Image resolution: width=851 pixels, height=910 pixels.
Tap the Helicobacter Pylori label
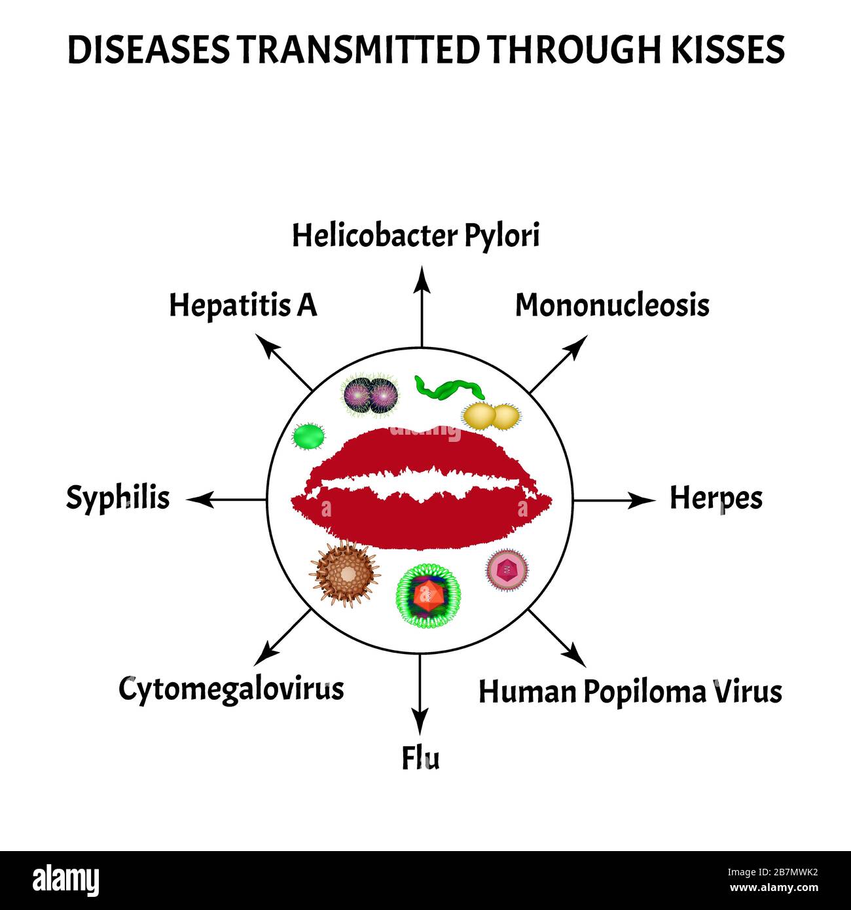[x=416, y=236]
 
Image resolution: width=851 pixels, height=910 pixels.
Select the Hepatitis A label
[x=243, y=306]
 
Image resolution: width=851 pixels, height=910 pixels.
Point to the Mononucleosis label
[x=612, y=305]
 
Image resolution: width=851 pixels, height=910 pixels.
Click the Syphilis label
[x=118, y=498]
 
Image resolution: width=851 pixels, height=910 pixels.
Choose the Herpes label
[x=716, y=499]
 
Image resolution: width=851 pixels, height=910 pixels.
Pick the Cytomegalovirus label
[x=231, y=690]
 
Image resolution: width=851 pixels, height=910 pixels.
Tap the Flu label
[x=421, y=758]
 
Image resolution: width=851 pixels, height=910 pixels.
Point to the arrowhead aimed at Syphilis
[x=200, y=500]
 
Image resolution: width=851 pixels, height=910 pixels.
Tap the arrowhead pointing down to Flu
[x=420, y=721]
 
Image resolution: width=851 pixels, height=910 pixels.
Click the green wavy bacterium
[x=449, y=389]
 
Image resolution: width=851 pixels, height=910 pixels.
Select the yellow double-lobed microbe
[x=491, y=416]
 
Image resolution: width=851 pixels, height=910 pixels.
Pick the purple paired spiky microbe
[x=371, y=395]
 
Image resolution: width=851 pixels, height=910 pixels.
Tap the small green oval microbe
[x=308, y=436]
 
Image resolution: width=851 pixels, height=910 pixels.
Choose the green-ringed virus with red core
[x=429, y=596]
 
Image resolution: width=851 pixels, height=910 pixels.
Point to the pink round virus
[x=507, y=570]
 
